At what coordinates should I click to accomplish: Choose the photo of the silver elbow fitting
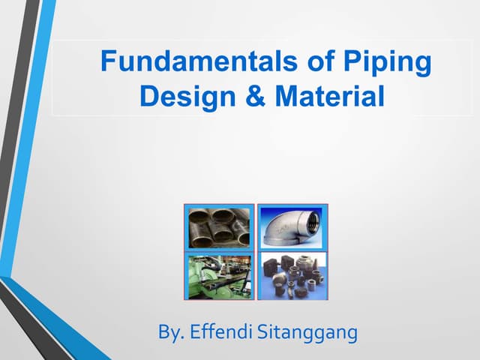(x=289, y=226)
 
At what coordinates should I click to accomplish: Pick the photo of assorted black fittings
(x=289, y=275)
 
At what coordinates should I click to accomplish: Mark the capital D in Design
(x=148, y=97)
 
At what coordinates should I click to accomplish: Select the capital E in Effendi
(x=198, y=331)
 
